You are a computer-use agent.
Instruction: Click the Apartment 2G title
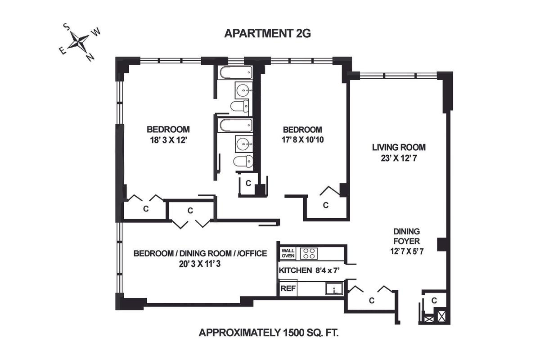tap(267, 33)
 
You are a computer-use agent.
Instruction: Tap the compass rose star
tap(78, 42)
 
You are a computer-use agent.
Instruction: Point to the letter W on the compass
tap(96, 32)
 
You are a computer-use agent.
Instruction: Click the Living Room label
tap(399, 147)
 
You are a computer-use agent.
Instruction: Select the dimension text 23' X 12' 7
tap(399, 158)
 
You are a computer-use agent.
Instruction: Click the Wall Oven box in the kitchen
tap(288, 253)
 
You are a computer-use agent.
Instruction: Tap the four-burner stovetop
tap(309, 253)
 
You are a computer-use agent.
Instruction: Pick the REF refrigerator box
tap(288, 288)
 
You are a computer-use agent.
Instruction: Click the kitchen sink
tap(334, 288)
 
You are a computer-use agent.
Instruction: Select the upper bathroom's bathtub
tap(235, 72)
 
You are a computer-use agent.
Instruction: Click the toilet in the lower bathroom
tap(243, 161)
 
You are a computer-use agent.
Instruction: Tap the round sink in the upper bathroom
tap(244, 90)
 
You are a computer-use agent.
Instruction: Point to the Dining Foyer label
tap(406, 236)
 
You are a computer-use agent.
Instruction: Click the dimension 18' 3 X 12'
tap(168, 140)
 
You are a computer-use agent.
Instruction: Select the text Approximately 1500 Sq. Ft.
tap(269, 333)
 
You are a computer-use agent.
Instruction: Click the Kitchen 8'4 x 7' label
tap(309, 270)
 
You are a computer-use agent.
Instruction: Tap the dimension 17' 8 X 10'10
tap(302, 139)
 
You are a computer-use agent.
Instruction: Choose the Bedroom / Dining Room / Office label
tap(200, 253)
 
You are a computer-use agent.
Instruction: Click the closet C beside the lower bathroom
tap(248, 183)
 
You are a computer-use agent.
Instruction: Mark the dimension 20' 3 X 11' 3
tap(200, 264)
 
